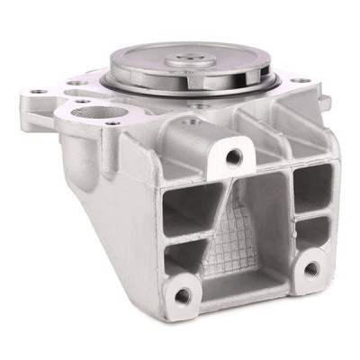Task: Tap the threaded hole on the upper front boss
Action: [x=233, y=157]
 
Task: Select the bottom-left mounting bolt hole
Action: [x=182, y=295]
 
